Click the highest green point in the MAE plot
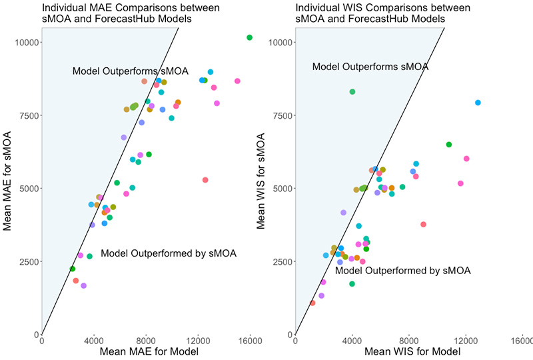249,37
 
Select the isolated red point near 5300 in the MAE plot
205,180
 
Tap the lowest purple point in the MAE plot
83,285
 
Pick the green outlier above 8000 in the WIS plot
352,92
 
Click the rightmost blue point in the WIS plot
478,103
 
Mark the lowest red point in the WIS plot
312,303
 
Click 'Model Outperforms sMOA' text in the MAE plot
131,71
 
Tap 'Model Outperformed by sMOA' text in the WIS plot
403,271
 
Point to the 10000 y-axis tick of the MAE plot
27,42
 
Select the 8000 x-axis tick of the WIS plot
409,340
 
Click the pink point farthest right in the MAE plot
237,81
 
